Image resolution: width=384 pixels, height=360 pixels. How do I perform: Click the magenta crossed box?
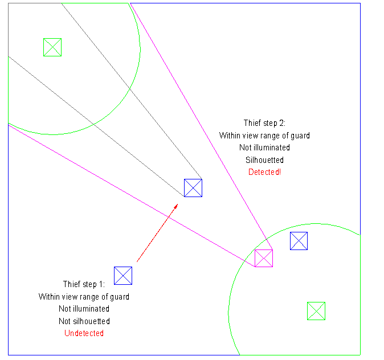tap(264, 258)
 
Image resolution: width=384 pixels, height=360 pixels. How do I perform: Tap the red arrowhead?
tap(176, 206)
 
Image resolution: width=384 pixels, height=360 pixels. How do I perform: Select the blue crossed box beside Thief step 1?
tap(123, 276)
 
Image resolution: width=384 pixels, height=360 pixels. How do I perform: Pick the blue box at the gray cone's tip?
tap(193, 188)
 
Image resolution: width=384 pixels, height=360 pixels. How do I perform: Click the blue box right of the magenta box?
tap(299, 241)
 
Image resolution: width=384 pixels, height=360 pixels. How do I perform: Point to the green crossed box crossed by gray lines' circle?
tap(52, 47)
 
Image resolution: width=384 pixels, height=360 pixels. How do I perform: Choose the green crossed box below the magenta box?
tap(316, 311)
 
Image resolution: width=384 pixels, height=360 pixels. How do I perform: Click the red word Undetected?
tap(84, 333)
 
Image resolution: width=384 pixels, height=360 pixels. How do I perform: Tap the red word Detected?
tap(264, 172)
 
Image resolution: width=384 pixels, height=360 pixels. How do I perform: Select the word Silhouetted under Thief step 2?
tap(264, 160)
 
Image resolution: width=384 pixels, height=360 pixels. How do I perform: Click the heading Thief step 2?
tap(264, 123)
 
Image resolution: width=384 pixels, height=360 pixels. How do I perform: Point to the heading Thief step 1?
tap(84, 284)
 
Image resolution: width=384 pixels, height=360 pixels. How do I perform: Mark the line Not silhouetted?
tap(84, 321)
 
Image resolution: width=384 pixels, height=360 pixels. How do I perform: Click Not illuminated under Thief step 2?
tap(264, 148)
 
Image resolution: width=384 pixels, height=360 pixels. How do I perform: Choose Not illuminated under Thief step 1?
tap(84, 309)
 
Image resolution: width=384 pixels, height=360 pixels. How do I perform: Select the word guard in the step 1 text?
tap(120, 297)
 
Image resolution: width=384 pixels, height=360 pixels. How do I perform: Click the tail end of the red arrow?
tap(137, 262)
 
